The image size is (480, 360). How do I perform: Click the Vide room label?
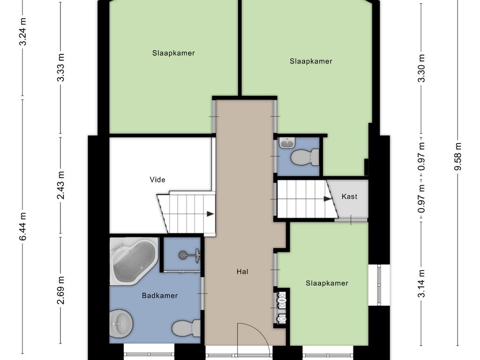pos(157,180)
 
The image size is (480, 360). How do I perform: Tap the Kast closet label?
pos(349,196)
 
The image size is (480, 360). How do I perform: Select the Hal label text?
pos(242,271)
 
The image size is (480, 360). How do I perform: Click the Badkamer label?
pos(160,295)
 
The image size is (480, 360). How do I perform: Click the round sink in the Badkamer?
pos(121,323)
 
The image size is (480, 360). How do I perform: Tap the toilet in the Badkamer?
pos(186,328)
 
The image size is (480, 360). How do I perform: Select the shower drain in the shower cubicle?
pos(183,254)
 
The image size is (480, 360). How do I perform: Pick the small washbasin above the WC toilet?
pos(287,142)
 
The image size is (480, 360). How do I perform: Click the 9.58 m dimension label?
pos(457,156)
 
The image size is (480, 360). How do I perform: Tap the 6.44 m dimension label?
pos(23,226)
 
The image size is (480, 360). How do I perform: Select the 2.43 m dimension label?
pos(60,185)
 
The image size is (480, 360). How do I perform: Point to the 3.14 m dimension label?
pos(422,284)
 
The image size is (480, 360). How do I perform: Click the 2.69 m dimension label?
pos(60,290)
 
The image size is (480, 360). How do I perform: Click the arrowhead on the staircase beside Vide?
pos(210,214)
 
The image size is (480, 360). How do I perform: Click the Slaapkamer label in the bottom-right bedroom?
pos(327,283)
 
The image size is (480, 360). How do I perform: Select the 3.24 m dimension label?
pos(23,31)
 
